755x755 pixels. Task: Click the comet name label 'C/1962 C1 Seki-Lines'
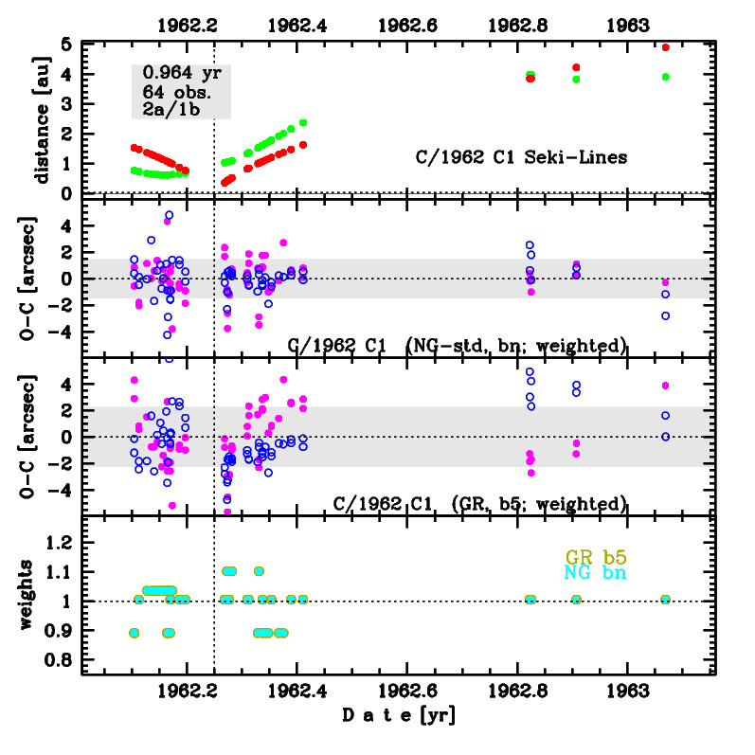(x=522, y=157)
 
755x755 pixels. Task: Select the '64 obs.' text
(x=176, y=91)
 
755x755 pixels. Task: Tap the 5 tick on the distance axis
(x=66, y=45)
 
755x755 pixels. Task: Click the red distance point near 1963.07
(x=666, y=47)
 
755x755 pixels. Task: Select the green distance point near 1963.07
(x=666, y=77)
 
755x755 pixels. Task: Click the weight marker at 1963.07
(x=666, y=600)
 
